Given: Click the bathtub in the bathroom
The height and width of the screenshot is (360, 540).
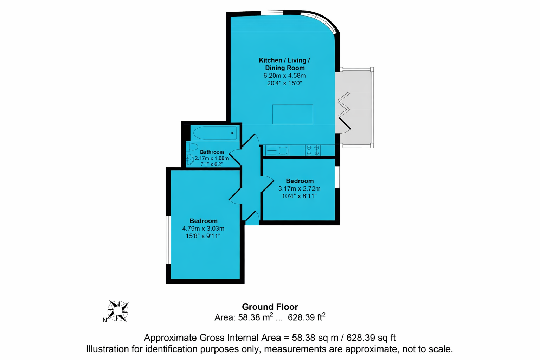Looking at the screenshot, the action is [x=215, y=133].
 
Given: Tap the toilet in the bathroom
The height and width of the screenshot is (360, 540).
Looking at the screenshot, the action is [x=192, y=147].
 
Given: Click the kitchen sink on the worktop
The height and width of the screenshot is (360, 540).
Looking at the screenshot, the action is [x=277, y=150].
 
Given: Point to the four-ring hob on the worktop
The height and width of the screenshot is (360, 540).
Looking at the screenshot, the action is [x=313, y=150].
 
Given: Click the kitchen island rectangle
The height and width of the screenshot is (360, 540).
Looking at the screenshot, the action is [x=292, y=114].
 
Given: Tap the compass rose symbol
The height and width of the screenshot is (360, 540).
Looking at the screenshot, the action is [x=118, y=311].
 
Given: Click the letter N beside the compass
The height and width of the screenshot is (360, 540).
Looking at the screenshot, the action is [x=105, y=320].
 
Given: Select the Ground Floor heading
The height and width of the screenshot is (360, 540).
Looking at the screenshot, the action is [x=270, y=307].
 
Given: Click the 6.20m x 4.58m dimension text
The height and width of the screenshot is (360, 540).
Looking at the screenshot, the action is [x=284, y=76].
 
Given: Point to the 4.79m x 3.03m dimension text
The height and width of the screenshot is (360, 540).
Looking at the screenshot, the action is [x=203, y=229].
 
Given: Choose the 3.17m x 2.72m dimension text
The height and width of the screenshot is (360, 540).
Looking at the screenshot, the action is [x=300, y=188].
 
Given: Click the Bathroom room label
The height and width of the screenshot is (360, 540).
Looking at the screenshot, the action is [x=212, y=152].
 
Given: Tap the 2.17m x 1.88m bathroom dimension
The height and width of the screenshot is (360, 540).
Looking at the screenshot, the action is [x=212, y=158].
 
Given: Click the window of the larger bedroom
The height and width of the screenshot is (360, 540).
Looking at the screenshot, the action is [x=168, y=240].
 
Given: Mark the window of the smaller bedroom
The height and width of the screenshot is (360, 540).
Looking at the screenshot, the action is [x=337, y=177].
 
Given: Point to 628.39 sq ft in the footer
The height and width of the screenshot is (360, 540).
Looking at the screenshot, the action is [x=371, y=337].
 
